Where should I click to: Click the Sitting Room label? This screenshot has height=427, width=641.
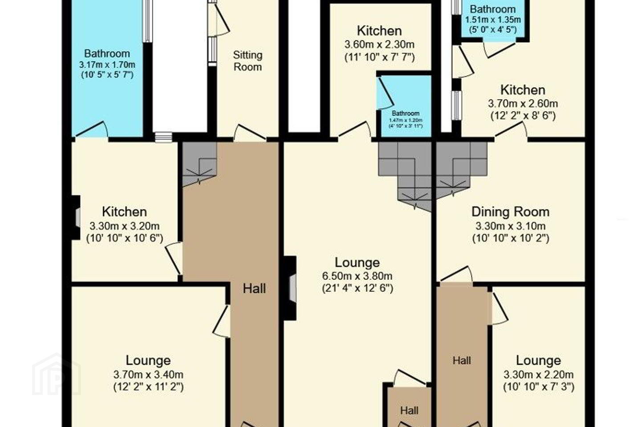(x=247, y=61)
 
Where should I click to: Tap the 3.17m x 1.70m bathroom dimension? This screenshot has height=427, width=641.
(x=107, y=65)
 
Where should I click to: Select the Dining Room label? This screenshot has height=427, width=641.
(x=511, y=212)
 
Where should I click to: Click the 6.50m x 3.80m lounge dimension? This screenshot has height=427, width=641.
(x=357, y=276)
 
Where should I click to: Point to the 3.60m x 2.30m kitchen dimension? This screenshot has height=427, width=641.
(x=379, y=44)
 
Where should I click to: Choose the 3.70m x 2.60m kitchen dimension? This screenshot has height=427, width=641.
(x=523, y=104)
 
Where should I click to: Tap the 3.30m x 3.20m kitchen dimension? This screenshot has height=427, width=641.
(x=125, y=226)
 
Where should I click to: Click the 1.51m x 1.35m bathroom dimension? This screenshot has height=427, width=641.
(x=493, y=20)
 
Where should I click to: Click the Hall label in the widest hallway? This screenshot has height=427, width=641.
(x=254, y=289)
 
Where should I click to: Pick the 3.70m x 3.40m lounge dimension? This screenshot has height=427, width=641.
(x=148, y=375)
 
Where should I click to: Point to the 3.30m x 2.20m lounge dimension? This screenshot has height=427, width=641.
(x=539, y=375)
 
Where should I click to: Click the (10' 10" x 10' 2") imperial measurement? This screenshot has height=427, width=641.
(x=511, y=238)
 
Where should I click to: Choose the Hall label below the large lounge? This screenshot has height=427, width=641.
(x=409, y=411)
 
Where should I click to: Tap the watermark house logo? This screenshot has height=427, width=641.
(x=57, y=375)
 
